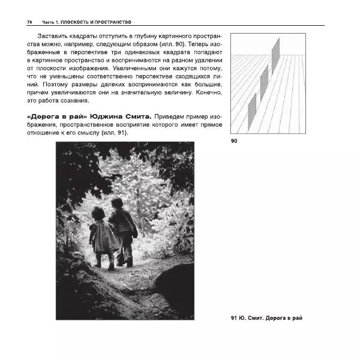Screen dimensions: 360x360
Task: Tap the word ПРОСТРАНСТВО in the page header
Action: [x=111, y=22]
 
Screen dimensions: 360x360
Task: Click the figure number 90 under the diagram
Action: [x=235, y=142]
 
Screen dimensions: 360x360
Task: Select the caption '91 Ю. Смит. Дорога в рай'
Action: [x=266, y=317]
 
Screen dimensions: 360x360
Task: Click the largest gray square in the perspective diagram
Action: [x=275, y=55]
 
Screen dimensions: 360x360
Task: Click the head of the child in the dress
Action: [x=98, y=213]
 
